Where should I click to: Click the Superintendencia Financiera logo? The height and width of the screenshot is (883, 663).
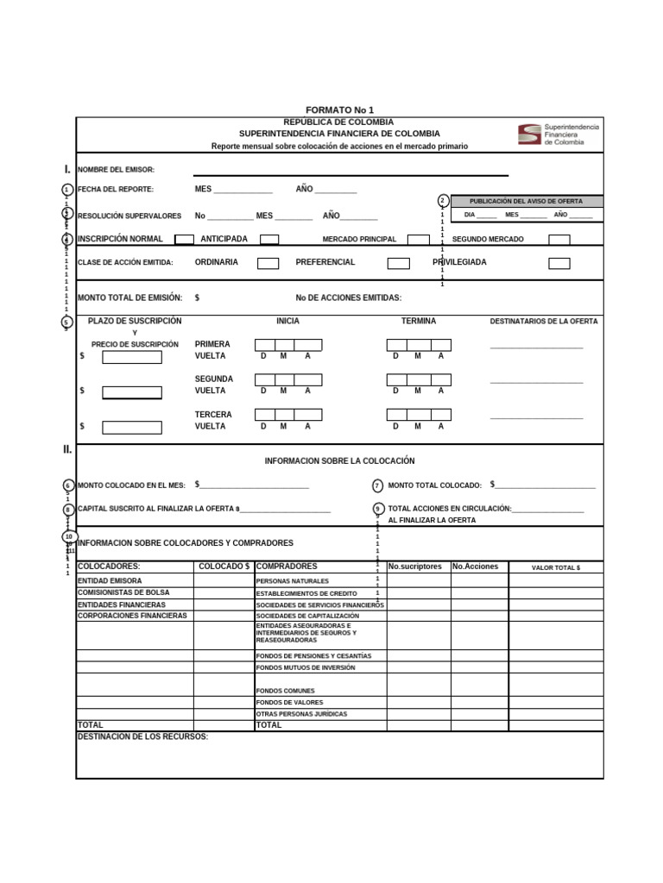pos(558,135)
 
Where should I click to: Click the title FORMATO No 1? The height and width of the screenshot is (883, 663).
pos(339,110)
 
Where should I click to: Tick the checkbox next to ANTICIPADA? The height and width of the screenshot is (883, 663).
pos(269,240)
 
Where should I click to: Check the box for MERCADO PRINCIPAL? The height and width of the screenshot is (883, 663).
pos(418,240)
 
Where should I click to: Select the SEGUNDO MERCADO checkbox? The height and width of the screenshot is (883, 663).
pos(559,240)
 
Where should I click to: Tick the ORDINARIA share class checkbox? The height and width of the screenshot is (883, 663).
pos(268,263)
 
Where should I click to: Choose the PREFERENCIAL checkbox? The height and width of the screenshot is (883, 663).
pos(398,263)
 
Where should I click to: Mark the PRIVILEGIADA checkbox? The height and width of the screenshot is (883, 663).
pos(559,263)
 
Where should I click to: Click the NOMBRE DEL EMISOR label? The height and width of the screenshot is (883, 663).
pos(116,170)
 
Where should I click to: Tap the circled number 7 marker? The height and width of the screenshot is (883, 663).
pos(377,485)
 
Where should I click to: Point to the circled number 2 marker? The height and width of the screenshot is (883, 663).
pos(443,201)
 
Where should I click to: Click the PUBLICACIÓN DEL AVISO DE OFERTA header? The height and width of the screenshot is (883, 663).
pos(526,201)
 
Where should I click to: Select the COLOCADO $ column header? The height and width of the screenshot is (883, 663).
pos(224,567)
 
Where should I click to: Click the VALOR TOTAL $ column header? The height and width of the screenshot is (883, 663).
pos(555,567)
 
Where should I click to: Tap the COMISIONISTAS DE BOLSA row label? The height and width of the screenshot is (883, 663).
pos(123,593)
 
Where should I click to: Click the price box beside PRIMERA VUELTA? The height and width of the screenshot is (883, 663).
pos(132,357)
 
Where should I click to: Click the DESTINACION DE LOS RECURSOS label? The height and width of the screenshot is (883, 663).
pos(142,737)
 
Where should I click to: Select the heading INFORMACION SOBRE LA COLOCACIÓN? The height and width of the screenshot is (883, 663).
pos(339,461)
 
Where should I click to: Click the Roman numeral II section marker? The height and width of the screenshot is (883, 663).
pos(67,449)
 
